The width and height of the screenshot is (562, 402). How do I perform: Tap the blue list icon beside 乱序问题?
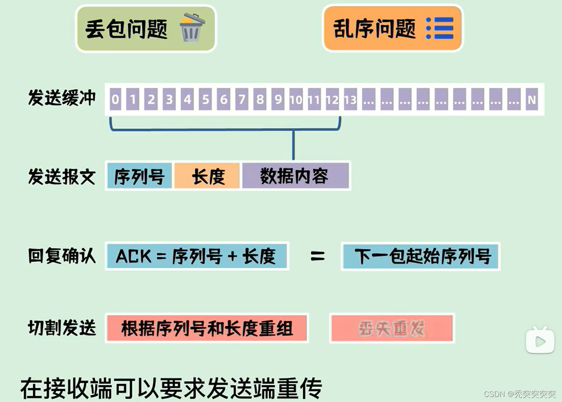tap(439, 28)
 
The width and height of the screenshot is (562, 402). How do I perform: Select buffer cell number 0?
tap(115, 99)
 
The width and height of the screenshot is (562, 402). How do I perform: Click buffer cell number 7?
tap(242, 99)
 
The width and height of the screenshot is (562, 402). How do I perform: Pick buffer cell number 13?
tap(350, 99)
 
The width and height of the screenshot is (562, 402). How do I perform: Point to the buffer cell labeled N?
tap(531, 99)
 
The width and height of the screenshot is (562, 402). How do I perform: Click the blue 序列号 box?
tap(139, 176)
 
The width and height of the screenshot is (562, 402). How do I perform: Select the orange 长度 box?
tap(208, 176)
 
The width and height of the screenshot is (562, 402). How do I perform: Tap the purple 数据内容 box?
tap(295, 176)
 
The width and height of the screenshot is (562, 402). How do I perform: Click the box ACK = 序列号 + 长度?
tap(196, 256)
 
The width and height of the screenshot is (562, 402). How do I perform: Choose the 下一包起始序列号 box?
tap(421, 256)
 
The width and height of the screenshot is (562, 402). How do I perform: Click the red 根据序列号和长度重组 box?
tap(207, 328)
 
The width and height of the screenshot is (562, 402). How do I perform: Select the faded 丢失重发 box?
tap(392, 328)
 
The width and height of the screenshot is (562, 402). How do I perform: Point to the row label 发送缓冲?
tap(62, 98)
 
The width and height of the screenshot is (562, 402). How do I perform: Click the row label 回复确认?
tap(62, 256)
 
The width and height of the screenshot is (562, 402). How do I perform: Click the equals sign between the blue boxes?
tap(317, 256)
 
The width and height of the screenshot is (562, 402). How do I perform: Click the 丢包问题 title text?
tap(126, 29)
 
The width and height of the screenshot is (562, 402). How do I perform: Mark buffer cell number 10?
tap(296, 99)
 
